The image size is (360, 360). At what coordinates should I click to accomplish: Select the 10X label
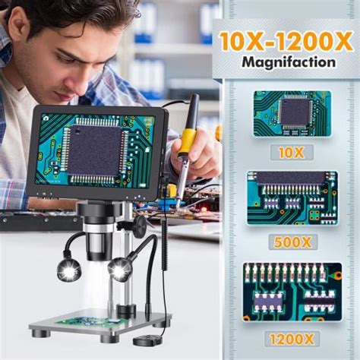[x=291, y=152]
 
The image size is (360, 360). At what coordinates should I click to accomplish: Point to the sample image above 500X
[x=292, y=198]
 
